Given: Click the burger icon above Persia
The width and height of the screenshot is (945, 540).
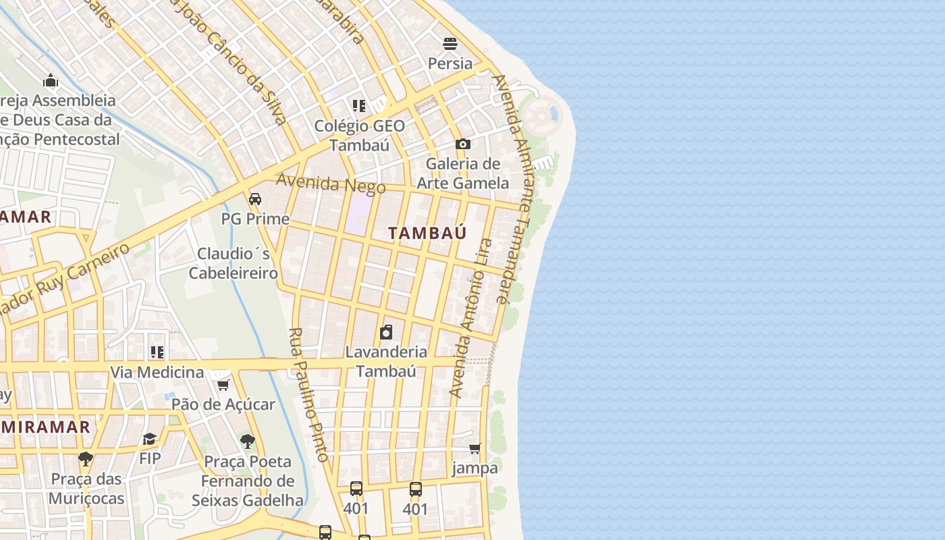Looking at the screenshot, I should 450,44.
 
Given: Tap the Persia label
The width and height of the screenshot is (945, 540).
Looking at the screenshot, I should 450,63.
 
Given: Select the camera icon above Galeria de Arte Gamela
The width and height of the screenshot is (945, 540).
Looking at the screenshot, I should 462,144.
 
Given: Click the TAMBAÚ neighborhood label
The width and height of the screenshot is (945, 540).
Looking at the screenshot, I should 427,234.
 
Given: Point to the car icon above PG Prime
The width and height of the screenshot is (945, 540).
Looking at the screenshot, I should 255,199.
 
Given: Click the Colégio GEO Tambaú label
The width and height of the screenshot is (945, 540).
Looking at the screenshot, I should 360,136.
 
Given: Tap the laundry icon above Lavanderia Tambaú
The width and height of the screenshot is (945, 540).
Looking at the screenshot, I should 386,332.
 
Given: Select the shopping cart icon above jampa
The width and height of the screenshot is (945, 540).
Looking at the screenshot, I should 475,448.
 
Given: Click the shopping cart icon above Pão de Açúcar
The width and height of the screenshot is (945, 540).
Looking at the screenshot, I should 223,385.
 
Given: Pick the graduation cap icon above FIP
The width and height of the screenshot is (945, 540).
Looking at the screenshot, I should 149,439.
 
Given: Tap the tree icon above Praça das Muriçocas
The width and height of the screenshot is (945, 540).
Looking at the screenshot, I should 85,459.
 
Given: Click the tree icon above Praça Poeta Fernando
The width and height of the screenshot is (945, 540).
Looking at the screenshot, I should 248,442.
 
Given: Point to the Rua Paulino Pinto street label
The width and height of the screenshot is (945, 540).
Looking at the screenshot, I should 308,395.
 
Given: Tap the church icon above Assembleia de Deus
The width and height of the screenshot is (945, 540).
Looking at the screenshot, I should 51,81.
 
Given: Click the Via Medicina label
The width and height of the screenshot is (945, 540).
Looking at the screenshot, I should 157,372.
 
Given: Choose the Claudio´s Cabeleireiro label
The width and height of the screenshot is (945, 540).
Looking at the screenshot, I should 234,263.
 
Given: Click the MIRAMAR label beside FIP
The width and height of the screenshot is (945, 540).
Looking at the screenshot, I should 45,427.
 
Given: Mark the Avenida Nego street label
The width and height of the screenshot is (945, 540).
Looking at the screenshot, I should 331,184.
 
